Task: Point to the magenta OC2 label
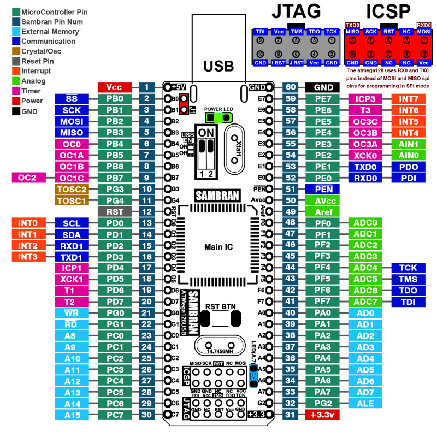[27, 178]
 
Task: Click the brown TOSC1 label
[71, 200]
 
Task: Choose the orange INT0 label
[27, 223]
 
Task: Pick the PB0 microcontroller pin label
[115, 99]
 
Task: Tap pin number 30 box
[147, 415]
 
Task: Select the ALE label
[365, 403]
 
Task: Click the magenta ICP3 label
[365, 99]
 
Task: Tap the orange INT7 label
[409, 99]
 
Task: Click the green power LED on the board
[218, 117]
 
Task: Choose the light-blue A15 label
[71, 415]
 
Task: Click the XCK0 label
[365, 155]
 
